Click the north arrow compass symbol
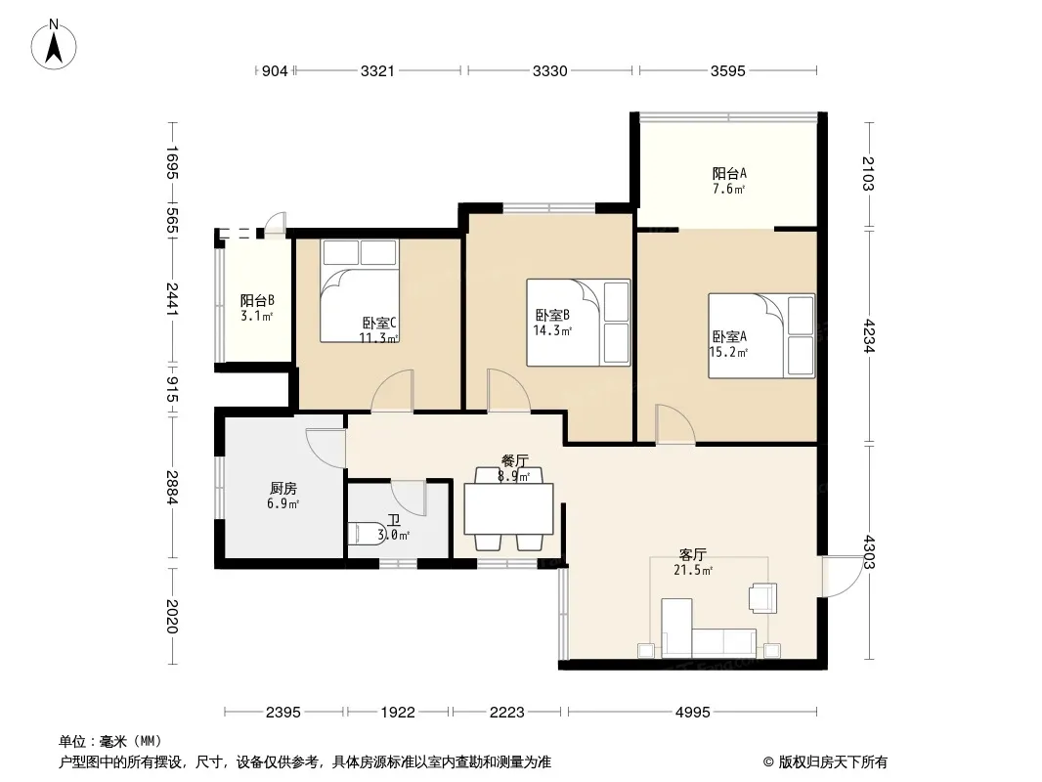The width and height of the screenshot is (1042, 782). pyautogui.click(x=54, y=45)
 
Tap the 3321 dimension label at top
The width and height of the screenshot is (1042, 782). pyautogui.click(x=377, y=70)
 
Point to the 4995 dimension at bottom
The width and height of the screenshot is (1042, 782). pyautogui.click(x=692, y=713)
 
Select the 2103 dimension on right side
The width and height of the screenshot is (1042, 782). pyautogui.click(x=868, y=173)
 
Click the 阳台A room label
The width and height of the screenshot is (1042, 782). pyautogui.click(x=729, y=173)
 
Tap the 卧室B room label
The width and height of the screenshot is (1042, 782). pyautogui.click(x=552, y=315)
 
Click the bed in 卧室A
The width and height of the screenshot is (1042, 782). pyautogui.click(x=761, y=336)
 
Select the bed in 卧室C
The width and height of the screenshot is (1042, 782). pyautogui.click(x=360, y=290)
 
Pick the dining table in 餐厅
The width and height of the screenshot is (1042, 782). pyautogui.click(x=509, y=509)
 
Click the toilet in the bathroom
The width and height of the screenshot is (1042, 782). pyautogui.click(x=365, y=534)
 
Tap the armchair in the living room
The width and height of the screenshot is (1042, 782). pyautogui.click(x=762, y=596)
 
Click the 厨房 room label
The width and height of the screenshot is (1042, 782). pyautogui.click(x=283, y=489)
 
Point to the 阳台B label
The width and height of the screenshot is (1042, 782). pyautogui.click(x=257, y=300)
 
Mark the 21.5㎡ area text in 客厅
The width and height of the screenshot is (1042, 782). pyautogui.click(x=693, y=570)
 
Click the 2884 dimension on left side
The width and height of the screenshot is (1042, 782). pyautogui.click(x=172, y=487)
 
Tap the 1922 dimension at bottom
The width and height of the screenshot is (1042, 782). pyautogui.click(x=398, y=713)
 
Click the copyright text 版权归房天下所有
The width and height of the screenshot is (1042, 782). pyautogui.click(x=833, y=762)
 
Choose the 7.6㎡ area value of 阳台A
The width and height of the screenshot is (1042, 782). pyautogui.click(x=729, y=189)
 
